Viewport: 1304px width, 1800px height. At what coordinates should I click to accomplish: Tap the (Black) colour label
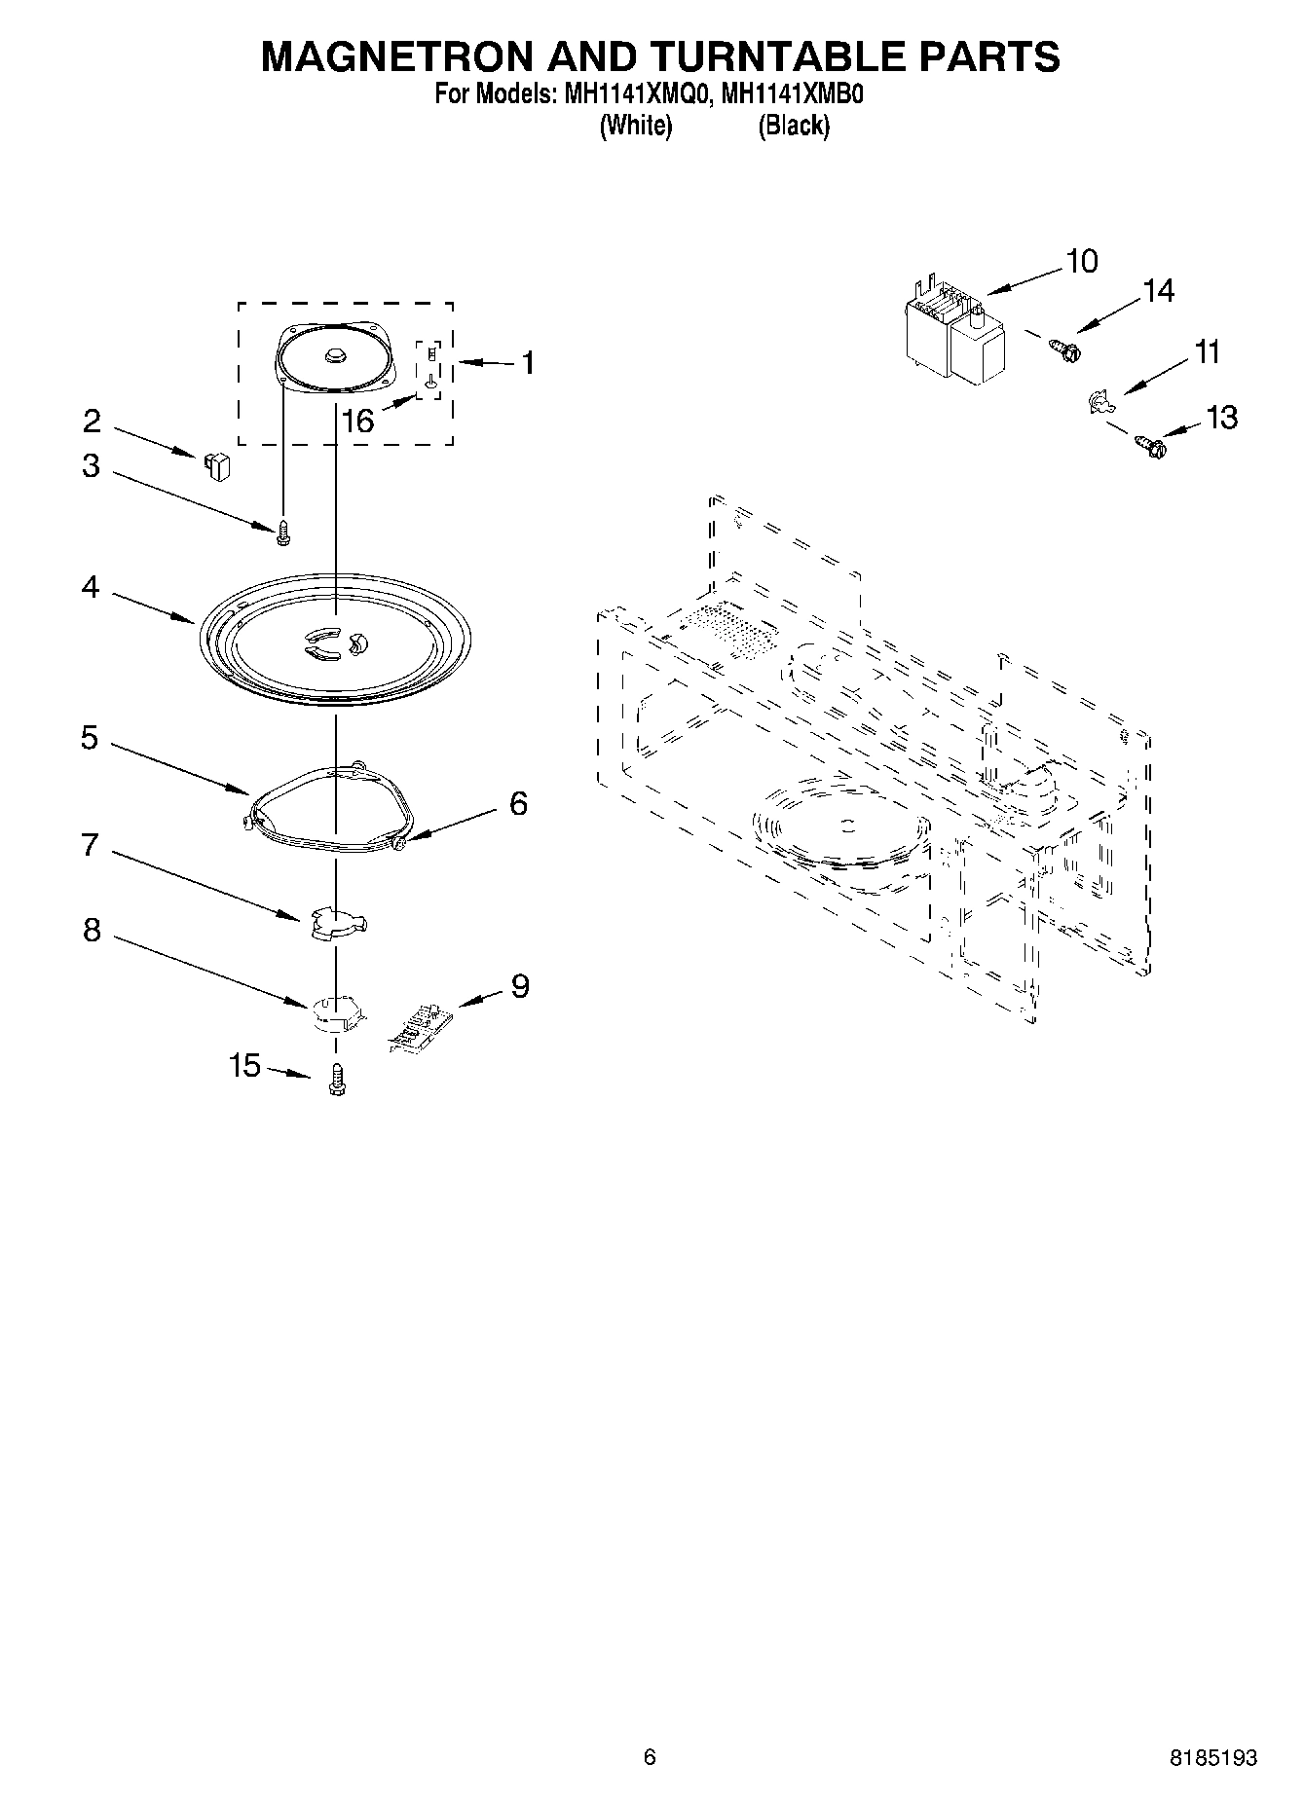[794, 126]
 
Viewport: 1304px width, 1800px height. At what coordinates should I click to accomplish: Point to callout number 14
[1158, 290]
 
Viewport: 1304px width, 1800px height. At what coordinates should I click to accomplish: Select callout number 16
[357, 421]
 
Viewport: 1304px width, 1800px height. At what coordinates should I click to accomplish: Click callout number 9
[520, 986]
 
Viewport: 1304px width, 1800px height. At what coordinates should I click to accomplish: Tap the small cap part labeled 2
[217, 465]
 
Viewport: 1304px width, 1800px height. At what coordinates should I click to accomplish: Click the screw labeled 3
[284, 531]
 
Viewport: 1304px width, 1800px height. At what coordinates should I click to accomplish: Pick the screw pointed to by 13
[1151, 447]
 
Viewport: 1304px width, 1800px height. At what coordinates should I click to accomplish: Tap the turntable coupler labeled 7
[335, 922]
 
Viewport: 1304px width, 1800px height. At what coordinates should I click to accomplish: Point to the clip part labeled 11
[1099, 401]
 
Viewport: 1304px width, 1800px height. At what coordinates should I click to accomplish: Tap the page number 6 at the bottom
[650, 1757]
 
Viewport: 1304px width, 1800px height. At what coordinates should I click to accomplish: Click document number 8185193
[1213, 1757]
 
